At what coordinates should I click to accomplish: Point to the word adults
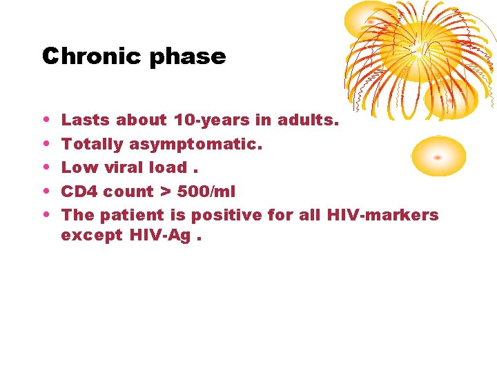(x=308, y=120)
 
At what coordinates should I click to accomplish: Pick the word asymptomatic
(x=208, y=145)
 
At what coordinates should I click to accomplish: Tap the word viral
(x=121, y=167)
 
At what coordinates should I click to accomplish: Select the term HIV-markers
(x=382, y=215)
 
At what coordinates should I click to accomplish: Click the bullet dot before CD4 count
(x=45, y=192)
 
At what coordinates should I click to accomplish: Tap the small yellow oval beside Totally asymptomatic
(x=438, y=156)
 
